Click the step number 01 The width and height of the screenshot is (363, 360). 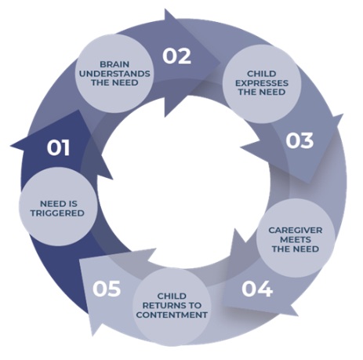pyautogui.click(x=58, y=148)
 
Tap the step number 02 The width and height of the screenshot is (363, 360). pyautogui.click(x=177, y=56)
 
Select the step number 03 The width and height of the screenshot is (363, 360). pyautogui.click(x=299, y=140)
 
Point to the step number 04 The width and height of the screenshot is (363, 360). pyautogui.click(x=257, y=289)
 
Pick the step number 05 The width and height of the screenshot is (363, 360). pyautogui.click(x=107, y=289)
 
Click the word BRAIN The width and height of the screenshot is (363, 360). pyautogui.click(x=114, y=64)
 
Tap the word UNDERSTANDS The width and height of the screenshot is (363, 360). pyautogui.click(x=114, y=74)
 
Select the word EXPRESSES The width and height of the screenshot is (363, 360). pyautogui.click(x=262, y=83)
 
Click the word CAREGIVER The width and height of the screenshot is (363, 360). pyautogui.click(x=296, y=231)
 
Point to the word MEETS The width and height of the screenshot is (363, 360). pyautogui.click(x=296, y=239)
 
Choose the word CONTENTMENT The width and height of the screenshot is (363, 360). pyautogui.click(x=172, y=315)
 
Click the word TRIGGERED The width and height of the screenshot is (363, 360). pyautogui.click(x=57, y=213)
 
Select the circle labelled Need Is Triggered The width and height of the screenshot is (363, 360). pyautogui.click(x=59, y=207)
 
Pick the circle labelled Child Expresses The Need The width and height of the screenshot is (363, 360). pyautogui.click(x=262, y=84)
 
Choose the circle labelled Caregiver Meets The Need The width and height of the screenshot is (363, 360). pyautogui.click(x=296, y=238)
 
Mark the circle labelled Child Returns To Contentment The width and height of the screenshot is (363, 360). pyautogui.click(x=172, y=307)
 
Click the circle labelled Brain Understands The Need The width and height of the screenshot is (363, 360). pyautogui.click(x=114, y=74)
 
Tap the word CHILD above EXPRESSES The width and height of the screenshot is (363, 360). pyautogui.click(x=262, y=74)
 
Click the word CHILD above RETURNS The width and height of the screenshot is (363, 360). pyautogui.click(x=172, y=296)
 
